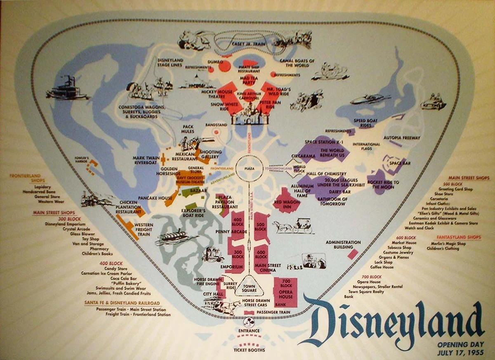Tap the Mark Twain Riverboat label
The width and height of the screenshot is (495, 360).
pos(146,160)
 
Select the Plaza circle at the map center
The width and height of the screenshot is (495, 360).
pos(249,169)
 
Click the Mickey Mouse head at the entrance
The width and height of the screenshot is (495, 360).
pos(249,322)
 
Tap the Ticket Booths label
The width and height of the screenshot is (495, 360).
pos(249,350)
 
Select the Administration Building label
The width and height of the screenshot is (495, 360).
pos(343,245)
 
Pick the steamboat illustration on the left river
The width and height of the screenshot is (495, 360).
pos(68,88)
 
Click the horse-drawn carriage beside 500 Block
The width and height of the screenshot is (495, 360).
pos(293,226)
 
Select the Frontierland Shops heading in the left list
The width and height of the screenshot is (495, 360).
pos(28,178)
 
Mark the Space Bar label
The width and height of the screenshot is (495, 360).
pos(401,163)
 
